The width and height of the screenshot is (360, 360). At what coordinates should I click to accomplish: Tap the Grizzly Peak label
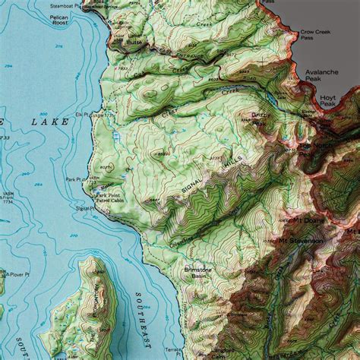262,118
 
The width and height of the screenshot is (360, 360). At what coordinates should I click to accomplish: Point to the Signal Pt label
84,207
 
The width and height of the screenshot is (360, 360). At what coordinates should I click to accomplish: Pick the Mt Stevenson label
301,241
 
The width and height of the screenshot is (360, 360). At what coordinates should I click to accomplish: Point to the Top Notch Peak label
313,147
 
